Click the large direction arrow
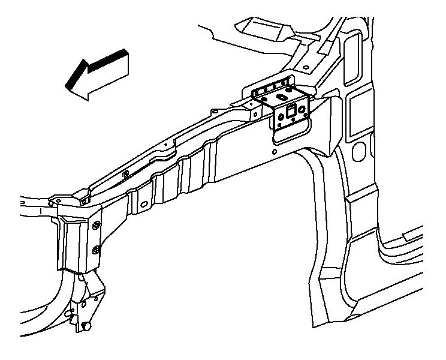(99, 74)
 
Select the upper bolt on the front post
(97, 226)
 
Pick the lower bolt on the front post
(96, 247)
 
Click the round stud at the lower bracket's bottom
(88, 327)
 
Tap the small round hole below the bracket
(274, 152)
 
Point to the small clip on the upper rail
(125, 174)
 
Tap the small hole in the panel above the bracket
(306, 66)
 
